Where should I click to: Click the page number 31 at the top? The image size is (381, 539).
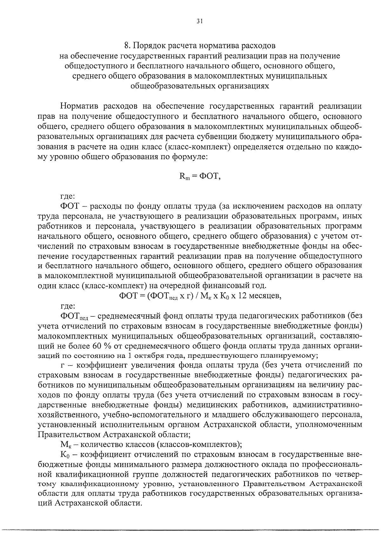point(199,21)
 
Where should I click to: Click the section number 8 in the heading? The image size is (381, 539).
point(126,46)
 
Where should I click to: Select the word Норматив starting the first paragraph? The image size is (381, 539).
point(80,106)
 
